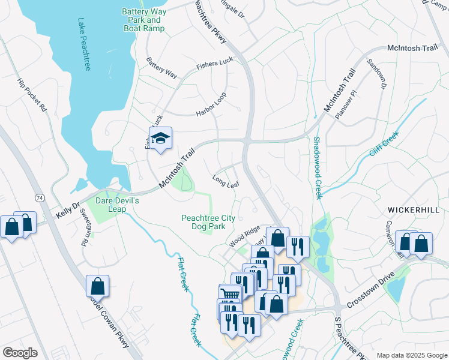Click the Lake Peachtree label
pos(83,44)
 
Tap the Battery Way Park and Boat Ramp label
pos(143,20)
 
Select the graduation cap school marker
pos(160,139)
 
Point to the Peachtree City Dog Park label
pos(208,222)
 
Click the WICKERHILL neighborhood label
pos(417,210)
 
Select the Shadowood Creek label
pos(318,167)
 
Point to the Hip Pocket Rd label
pos(31,95)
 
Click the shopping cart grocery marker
pos(229,295)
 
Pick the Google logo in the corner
pos(20,353)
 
